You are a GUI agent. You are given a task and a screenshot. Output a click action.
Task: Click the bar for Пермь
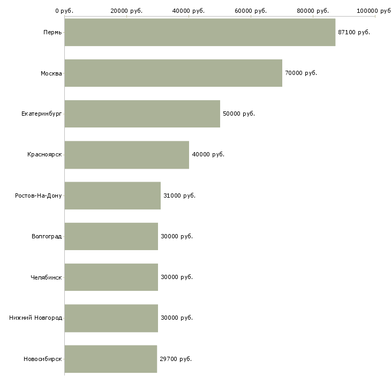200,32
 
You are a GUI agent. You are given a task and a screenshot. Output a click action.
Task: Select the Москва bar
173,73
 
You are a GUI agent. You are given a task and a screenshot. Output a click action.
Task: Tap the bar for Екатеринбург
142,114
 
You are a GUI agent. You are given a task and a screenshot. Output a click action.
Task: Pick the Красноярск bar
126,155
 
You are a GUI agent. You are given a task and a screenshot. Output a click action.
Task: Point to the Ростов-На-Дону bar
112,195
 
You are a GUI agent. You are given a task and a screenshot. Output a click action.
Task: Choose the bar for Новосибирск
110,359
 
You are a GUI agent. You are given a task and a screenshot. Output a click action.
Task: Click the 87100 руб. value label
354,32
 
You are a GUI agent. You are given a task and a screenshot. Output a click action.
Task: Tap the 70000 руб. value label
300,73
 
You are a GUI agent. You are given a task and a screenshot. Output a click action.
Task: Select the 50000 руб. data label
238,114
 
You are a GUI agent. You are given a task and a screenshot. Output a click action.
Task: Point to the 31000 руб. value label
179,195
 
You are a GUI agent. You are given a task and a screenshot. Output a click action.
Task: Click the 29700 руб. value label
175,359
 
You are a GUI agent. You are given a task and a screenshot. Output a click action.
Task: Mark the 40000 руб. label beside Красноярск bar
208,155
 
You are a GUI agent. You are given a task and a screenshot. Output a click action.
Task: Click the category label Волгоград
47,236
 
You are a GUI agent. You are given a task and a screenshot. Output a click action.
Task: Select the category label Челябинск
46,277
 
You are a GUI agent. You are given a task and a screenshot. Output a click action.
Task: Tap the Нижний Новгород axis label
35,318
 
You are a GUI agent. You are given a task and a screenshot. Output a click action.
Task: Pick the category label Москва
51,73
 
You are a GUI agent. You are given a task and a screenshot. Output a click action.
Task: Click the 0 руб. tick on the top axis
64,11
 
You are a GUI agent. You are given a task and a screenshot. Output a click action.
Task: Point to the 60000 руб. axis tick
251,11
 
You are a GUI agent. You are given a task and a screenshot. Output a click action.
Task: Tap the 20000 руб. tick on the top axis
126,11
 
